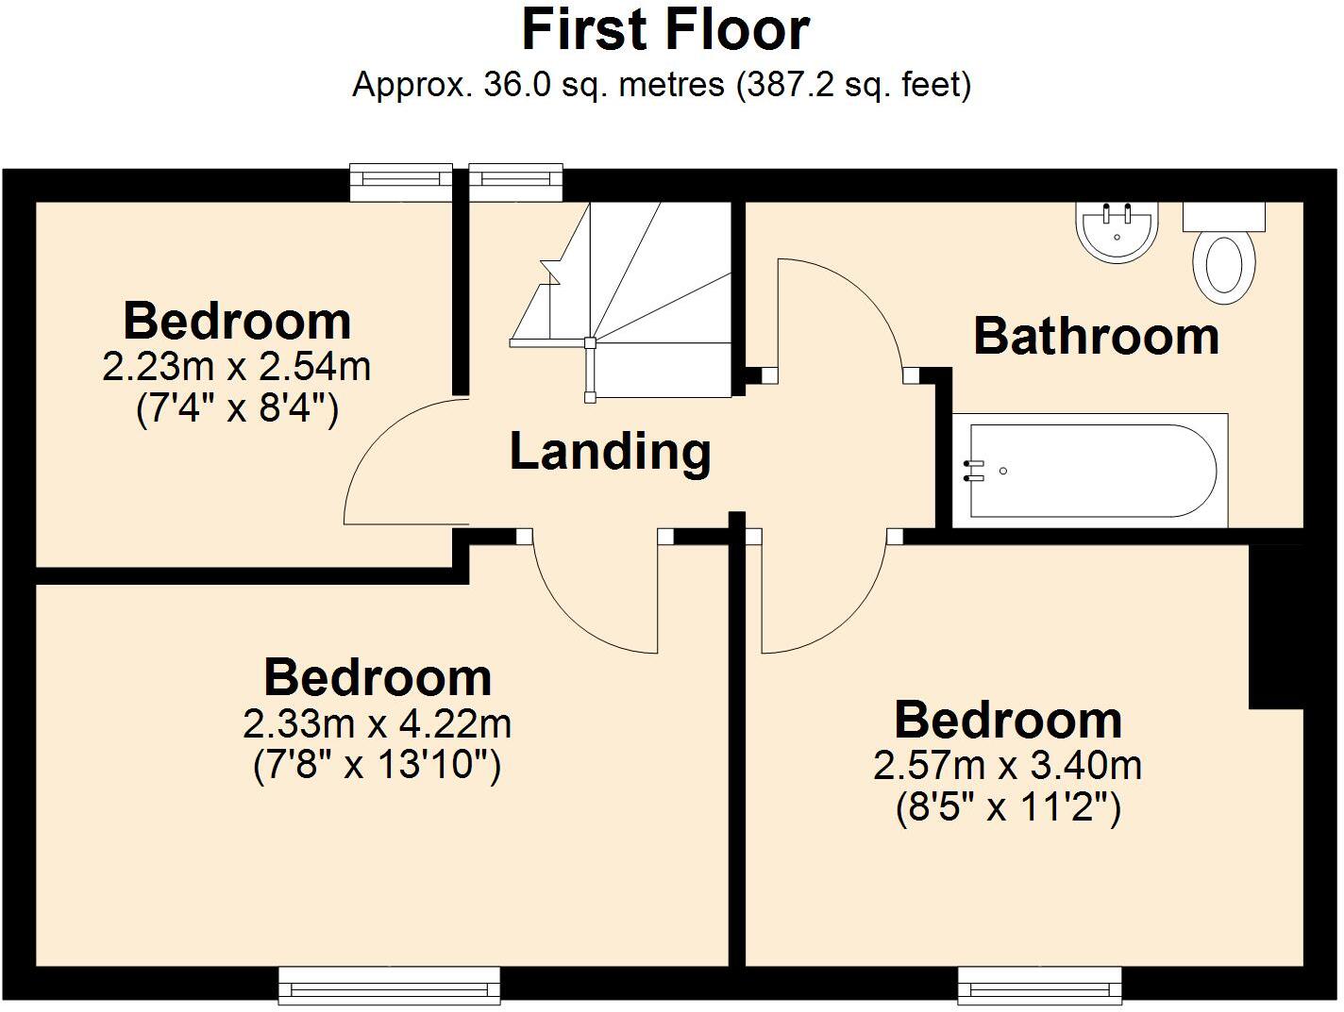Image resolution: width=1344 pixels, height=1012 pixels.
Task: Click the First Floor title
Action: [665, 30]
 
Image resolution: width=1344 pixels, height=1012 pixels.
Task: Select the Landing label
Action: [610, 451]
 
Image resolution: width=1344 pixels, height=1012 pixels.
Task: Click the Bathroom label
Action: [1096, 337]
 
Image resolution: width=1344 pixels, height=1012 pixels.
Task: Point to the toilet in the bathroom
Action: [1224, 259]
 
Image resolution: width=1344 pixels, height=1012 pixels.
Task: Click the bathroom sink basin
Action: [1117, 232]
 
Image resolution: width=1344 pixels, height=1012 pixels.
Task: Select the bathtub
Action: [1090, 470]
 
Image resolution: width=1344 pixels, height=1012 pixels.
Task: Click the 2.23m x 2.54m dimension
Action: [236, 367]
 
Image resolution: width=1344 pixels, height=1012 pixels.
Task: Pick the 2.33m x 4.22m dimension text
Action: [378, 724]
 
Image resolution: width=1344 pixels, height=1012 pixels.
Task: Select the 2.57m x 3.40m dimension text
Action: [1007, 765]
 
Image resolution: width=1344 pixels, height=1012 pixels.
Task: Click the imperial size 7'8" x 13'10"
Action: [378, 765]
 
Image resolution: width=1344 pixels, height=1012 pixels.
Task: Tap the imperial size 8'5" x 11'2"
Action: [1007, 807]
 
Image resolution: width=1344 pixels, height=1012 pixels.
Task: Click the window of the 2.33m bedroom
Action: [389, 987]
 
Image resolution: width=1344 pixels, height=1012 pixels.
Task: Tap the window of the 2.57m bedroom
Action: [1040, 987]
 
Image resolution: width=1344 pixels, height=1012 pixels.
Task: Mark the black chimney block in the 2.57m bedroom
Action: [1276, 627]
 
